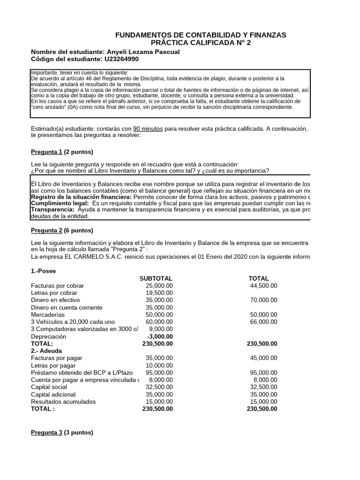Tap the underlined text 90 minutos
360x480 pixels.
(148, 128)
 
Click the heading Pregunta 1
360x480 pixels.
(46, 152)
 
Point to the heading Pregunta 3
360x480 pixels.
(46, 433)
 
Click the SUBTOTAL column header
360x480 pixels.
(156, 278)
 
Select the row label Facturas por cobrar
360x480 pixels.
(56, 285)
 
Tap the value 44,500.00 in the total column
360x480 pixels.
(263, 285)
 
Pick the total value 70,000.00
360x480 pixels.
(263, 300)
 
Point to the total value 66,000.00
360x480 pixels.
(263, 322)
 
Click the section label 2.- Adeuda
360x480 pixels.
(46, 351)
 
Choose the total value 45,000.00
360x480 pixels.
(263, 358)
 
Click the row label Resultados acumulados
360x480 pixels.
(63, 402)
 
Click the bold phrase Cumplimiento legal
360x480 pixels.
(59, 203)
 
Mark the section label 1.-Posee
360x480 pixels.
(43, 271)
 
